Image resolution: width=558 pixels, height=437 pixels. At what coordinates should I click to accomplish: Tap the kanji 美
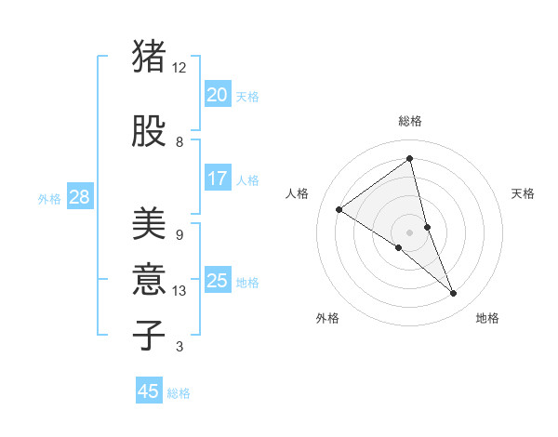150,224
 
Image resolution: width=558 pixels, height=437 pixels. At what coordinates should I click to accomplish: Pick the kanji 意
150,279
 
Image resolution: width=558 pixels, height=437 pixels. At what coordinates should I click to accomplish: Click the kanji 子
150,335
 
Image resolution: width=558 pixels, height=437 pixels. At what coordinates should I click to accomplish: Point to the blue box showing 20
218,94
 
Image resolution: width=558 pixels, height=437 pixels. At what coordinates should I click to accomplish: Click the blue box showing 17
218,178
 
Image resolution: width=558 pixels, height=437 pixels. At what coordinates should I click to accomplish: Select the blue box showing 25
218,280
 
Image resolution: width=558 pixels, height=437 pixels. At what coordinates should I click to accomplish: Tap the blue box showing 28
79,196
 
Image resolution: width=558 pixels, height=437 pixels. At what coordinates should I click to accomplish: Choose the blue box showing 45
149,391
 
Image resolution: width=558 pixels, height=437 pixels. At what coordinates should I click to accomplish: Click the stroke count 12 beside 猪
179,68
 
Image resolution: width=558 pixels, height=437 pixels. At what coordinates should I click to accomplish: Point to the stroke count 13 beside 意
179,291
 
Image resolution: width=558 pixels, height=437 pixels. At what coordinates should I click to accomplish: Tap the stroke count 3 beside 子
179,347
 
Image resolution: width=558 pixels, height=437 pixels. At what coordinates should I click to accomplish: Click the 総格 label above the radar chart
410,121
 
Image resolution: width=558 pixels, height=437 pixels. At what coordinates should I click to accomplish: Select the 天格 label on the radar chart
524,193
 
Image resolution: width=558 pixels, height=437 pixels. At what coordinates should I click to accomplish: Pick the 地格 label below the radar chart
487,318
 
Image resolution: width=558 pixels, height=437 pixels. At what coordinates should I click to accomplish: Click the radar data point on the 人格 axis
339,209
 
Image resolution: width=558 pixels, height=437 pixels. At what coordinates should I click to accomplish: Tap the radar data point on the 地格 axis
454,294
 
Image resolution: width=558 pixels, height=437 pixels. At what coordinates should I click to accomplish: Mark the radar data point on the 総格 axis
409,158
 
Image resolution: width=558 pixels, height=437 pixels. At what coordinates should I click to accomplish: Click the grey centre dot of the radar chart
409,232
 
